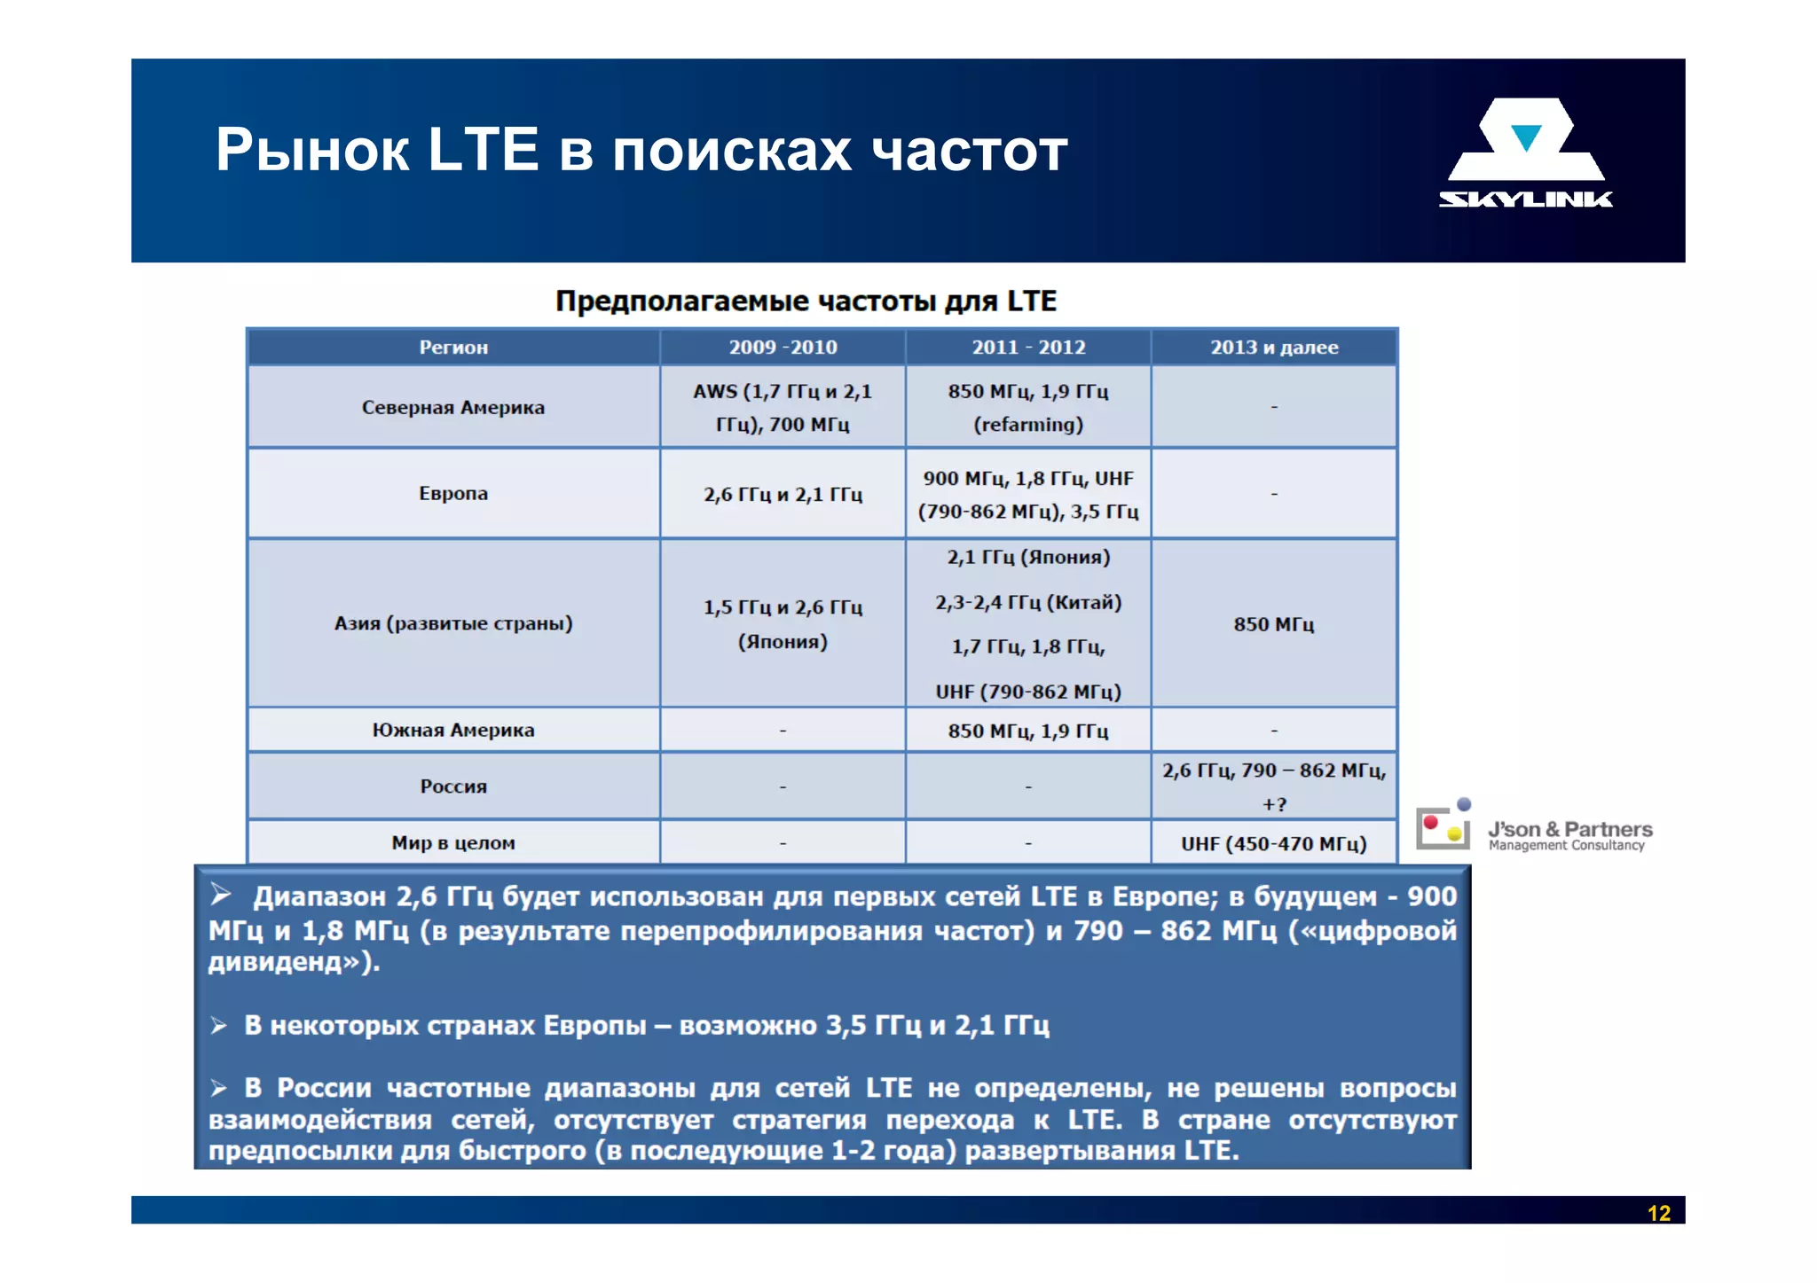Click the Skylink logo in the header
click(1525, 153)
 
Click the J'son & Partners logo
click(1534, 828)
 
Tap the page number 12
click(1658, 1213)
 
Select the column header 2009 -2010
click(783, 348)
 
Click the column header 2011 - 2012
click(1028, 348)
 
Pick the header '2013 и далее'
click(1274, 348)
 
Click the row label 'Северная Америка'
click(452, 408)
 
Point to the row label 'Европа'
click(452, 494)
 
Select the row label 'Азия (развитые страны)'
click(452, 623)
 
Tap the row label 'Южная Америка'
click(452, 731)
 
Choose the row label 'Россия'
click(452, 786)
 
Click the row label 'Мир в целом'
click(452, 843)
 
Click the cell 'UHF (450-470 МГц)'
click(1273, 844)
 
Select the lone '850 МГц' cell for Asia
click(1273, 624)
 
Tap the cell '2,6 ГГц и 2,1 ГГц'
click(783, 495)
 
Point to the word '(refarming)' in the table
click(1028, 425)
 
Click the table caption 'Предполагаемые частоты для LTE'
click(806, 301)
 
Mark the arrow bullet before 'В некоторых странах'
click(219, 1027)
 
